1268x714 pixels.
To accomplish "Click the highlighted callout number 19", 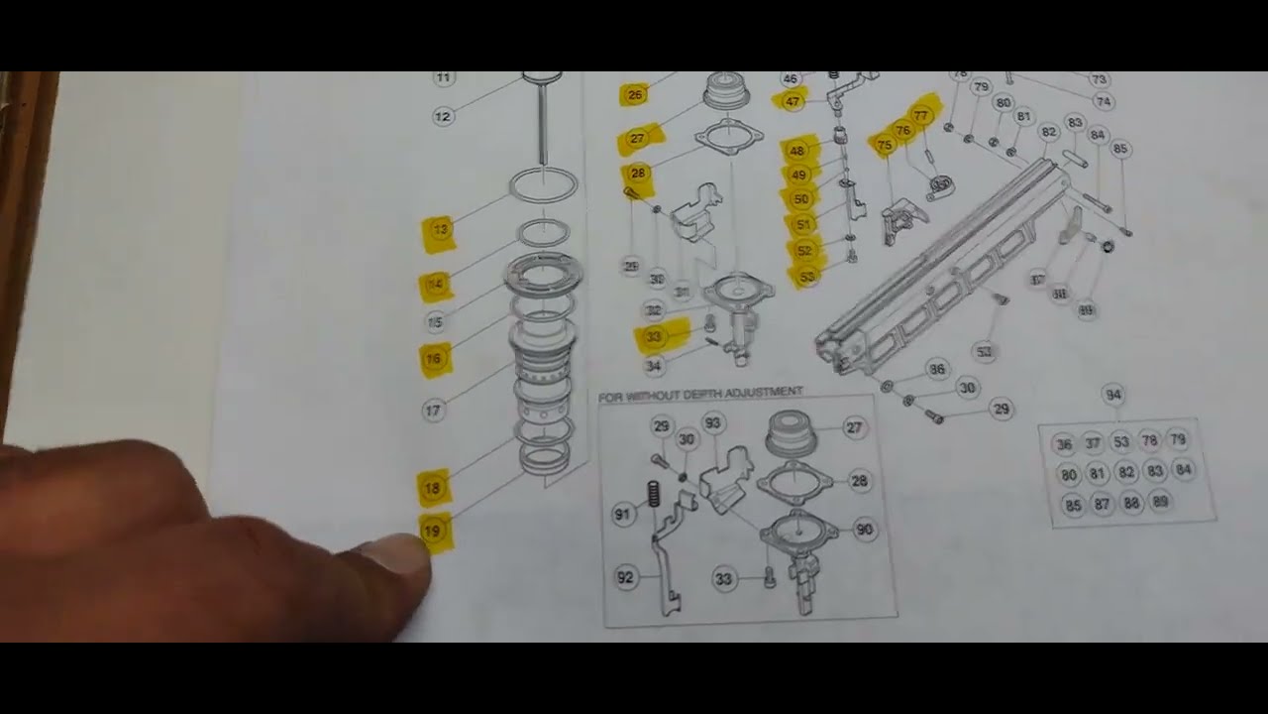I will tap(432, 532).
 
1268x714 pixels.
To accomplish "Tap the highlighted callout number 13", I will tap(440, 230).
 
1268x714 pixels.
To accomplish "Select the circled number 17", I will tap(433, 410).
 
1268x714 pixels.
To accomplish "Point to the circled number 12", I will tap(442, 116).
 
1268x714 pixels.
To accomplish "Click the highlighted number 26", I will tap(634, 95).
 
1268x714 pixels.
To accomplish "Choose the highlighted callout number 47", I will tap(792, 101).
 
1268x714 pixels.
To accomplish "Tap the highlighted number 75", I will tap(885, 145).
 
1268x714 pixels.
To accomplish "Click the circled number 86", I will tap(935, 370).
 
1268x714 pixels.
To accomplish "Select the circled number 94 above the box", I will tap(1112, 396).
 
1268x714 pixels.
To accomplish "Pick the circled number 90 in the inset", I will tap(864, 530).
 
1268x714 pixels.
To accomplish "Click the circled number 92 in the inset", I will tap(625, 577).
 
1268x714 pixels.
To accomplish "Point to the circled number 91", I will tap(622, 515).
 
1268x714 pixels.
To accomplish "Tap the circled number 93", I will tap(712, 423).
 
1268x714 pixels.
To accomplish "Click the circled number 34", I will tap(653, 366).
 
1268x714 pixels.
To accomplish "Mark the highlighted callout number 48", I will tap(796, 152).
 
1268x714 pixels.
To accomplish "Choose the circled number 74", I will tap(1104, 101).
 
